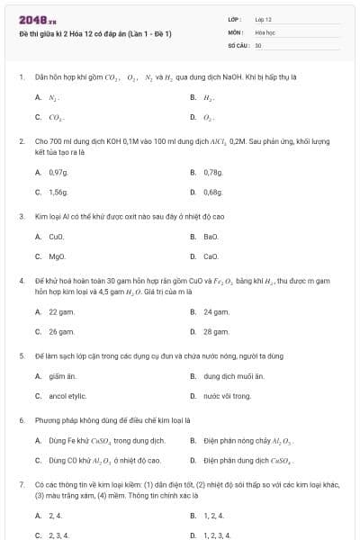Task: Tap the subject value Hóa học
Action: (265, 31)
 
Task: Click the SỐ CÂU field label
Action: (238, 44)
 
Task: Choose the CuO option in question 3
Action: (57, 237)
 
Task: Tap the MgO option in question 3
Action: (57, 256)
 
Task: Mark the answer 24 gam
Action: (216, 311)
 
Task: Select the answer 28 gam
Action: (216, 331)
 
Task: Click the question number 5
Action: (22, 355)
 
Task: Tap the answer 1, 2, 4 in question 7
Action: (214, 516)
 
